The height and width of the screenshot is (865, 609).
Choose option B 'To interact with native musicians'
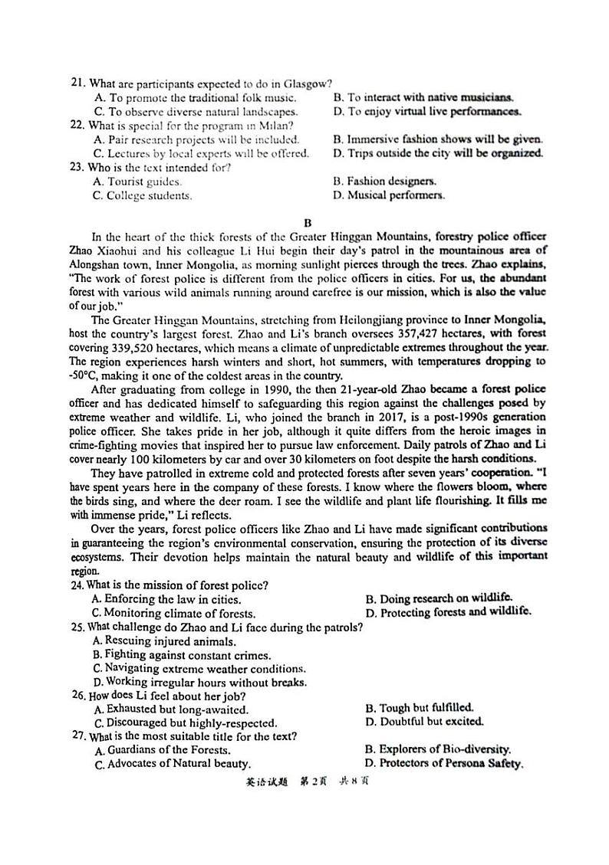point(430,97)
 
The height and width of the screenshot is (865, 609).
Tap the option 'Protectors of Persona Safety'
point(451,763)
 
